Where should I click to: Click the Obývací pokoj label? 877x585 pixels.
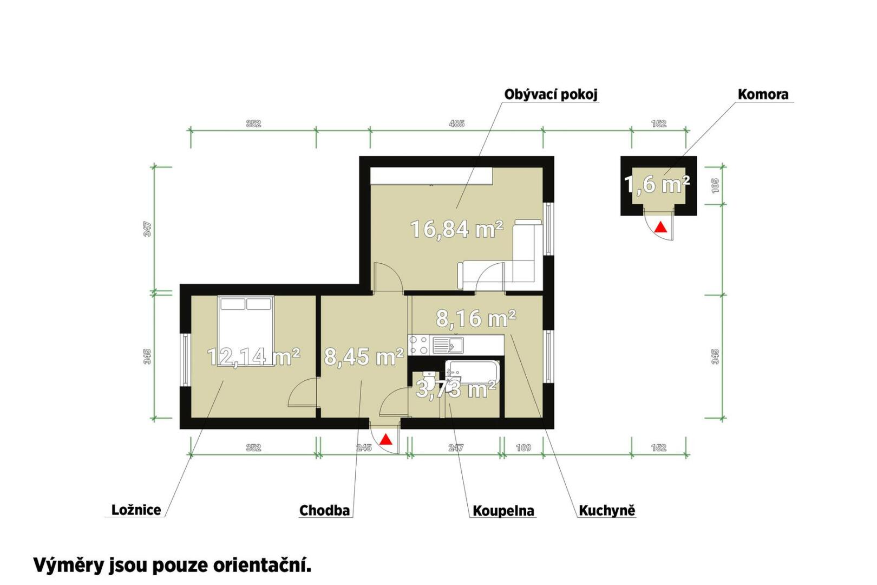click(551, 94)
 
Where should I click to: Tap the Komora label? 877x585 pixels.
click(763, 94)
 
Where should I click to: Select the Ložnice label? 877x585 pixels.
click(136, 510)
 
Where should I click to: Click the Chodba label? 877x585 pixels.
click(324, 511)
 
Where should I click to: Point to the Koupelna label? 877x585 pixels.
click(503, 511)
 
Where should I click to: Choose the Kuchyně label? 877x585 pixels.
click(607, 511)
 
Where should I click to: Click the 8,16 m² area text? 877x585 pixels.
click(476, 318)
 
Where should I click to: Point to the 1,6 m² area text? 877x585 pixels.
click(657, 184)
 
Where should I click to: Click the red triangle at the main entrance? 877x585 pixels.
click(386, 439)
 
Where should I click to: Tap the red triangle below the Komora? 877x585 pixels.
click(662, 227)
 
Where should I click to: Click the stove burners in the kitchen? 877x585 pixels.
click(419, 345)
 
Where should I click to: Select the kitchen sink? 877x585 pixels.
click(447, 345)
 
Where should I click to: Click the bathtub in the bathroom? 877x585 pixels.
click(473, 373)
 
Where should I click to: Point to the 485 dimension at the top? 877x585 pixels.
click(456, 124)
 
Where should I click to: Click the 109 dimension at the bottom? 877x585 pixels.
click(523, 447)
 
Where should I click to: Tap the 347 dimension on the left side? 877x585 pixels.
click(147, 229)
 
